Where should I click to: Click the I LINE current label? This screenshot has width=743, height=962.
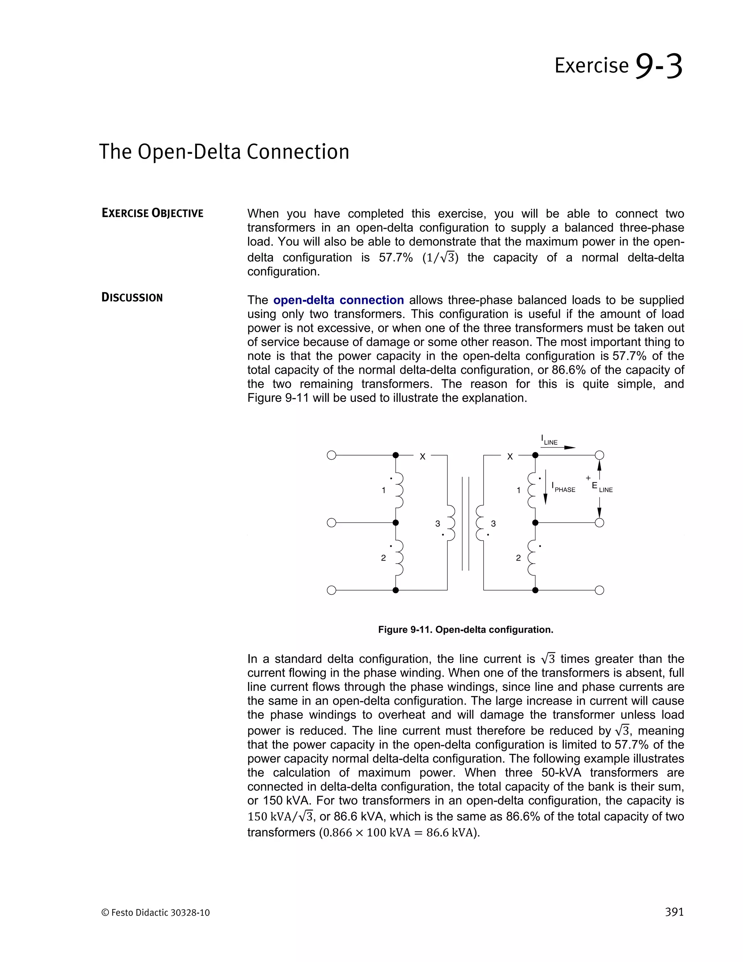coord(549,440)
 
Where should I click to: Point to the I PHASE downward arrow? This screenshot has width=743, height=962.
coord(545,487)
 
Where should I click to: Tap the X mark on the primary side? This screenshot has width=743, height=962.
coord(423,457)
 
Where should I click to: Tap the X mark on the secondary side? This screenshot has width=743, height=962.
coord(510,457)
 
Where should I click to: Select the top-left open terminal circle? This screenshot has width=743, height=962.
coord(332,455)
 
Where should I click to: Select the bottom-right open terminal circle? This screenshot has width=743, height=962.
coord(599,590)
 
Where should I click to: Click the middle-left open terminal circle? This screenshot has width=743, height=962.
coord(332,523)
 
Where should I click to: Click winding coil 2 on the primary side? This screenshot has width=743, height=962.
coord(399,558)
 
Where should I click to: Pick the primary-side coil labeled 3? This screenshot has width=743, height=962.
coord(451,523)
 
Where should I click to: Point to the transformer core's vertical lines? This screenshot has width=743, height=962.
coord(465,523)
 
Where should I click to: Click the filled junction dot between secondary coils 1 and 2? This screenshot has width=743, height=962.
coord(535,523)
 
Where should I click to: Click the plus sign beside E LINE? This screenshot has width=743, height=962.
coord(588,478)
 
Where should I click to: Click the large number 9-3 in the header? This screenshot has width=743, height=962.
coord(658,66)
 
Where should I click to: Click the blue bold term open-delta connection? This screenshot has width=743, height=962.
coord(338,300)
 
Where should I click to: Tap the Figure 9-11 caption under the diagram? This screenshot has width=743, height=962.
coord(465,629)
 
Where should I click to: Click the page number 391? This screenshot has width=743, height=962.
coord(674,912)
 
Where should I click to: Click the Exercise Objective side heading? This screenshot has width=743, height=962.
coord(152,213)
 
